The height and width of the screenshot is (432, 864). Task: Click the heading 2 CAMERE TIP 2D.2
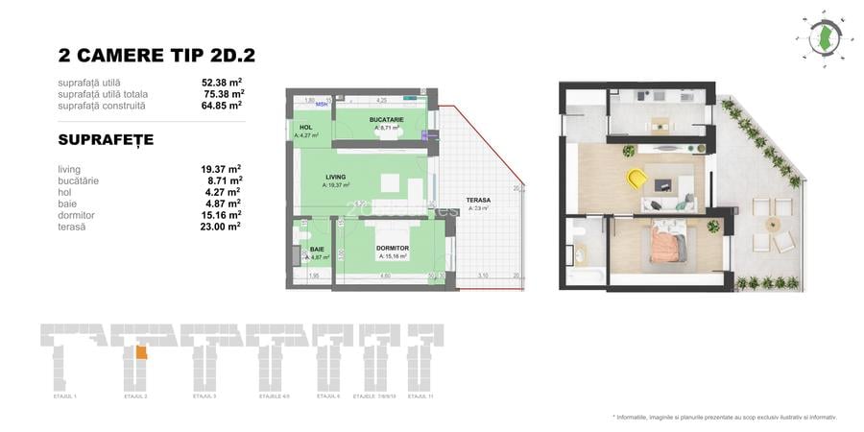tap(156, 56)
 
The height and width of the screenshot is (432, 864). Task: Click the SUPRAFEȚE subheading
tap(106, 140)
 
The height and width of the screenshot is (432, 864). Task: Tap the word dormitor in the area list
tap(77, 215)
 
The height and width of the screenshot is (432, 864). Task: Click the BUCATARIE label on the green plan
tap(386, 120)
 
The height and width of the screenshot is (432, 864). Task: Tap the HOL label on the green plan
tap(306, 128)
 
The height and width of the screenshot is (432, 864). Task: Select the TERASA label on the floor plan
tap(478, 200)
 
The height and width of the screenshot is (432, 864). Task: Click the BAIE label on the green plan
tap(317, 249)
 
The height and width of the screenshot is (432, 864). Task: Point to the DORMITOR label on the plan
tap(394, 248)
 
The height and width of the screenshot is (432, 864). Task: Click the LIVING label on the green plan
tap(335, 177)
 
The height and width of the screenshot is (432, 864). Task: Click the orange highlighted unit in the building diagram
tap(141, 352)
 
